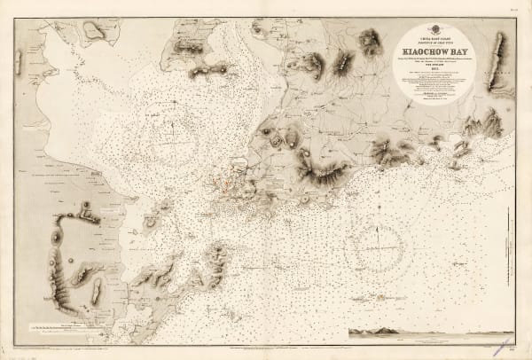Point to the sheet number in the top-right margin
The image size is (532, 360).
(x=513, y=10)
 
